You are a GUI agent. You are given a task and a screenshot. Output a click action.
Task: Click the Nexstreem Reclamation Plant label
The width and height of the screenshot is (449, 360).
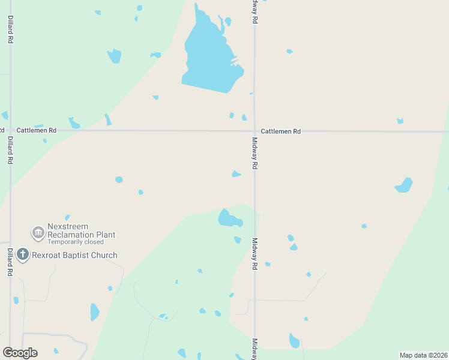tap(81, 230)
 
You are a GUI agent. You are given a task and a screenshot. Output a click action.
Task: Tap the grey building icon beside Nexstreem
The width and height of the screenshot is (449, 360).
tap(38, 232)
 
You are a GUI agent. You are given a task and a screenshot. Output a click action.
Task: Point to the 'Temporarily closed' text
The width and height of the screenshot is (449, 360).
tap(75, 242)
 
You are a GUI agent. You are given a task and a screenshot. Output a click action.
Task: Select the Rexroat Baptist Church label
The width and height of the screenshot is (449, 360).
tap(75, 255)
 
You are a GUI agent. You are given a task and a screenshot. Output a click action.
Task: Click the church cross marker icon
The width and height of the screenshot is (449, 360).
tap(23, 255)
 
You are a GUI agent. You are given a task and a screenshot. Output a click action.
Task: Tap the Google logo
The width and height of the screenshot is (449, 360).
tap(20, 352)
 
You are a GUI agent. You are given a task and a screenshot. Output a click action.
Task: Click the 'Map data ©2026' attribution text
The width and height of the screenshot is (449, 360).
tap(423, 355)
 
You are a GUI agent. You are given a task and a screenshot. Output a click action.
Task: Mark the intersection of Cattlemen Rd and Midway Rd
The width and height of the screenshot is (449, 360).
tap(255, 131)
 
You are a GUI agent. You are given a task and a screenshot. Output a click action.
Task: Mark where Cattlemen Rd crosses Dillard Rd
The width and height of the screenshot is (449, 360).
tap(10, 130)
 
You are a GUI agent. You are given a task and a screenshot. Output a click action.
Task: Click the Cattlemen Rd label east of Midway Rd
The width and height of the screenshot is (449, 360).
tap(280, 131)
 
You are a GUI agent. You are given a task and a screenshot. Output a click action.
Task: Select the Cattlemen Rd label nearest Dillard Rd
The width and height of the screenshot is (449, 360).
tap(36, 130)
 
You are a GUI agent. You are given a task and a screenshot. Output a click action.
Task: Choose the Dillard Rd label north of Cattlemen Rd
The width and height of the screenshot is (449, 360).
tap(10, 30)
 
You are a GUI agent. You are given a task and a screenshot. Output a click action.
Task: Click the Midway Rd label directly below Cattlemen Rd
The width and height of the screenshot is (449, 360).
tap(255, 153)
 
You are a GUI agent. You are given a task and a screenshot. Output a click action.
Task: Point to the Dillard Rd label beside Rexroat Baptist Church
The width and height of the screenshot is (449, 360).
tap(10, 262)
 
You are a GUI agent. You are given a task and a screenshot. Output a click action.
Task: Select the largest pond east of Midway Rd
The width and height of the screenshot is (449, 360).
tap(405, 185)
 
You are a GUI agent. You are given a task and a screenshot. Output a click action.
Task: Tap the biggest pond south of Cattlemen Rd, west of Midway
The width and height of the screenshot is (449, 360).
tap(229, 219)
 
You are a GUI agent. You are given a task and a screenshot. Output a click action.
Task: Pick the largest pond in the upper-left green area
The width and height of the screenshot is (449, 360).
tap(114, 56)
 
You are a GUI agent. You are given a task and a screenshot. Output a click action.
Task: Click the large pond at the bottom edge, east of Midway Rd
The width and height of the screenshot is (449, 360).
tap(294, 341)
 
